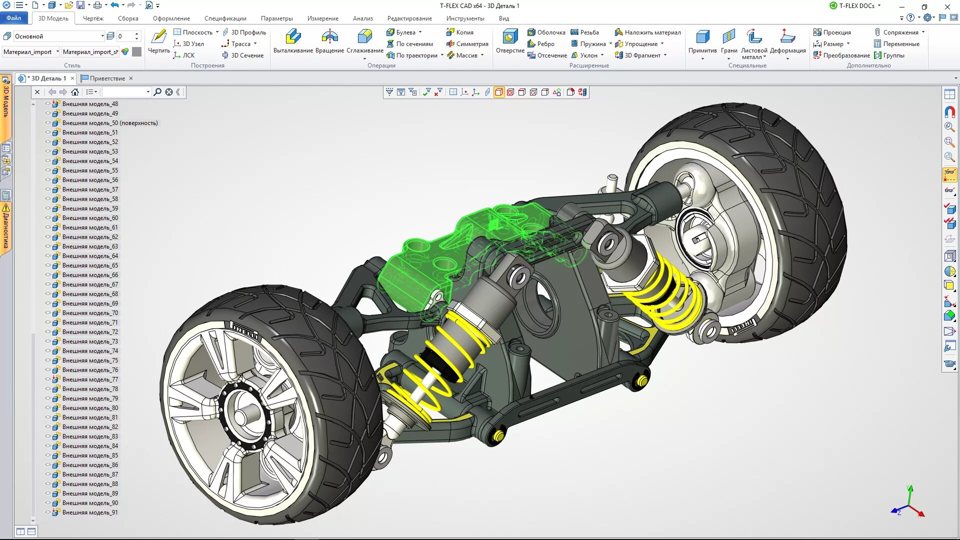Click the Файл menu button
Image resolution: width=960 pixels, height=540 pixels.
click(13, 18)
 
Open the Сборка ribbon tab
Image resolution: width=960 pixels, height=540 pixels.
click(128, 18)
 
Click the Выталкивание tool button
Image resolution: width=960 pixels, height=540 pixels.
click(293, 41)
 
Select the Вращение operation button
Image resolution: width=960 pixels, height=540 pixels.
click(329, 41)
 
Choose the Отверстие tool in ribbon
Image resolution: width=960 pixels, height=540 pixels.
click(510, 41)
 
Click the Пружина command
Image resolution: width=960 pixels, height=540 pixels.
click(592, 44)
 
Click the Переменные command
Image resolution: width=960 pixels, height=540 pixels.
click(900, 44)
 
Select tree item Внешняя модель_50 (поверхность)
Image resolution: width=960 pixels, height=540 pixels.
click(109, 123)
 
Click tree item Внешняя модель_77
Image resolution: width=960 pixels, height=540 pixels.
click(90, 379)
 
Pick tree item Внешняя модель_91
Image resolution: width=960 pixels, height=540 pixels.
click(90, 512)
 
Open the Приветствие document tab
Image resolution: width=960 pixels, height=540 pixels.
click(107, 78)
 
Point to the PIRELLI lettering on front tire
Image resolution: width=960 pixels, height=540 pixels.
click(245, 330)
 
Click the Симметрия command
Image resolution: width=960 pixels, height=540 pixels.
click(471, 44)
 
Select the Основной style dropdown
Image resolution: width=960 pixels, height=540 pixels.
click(57, 36)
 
